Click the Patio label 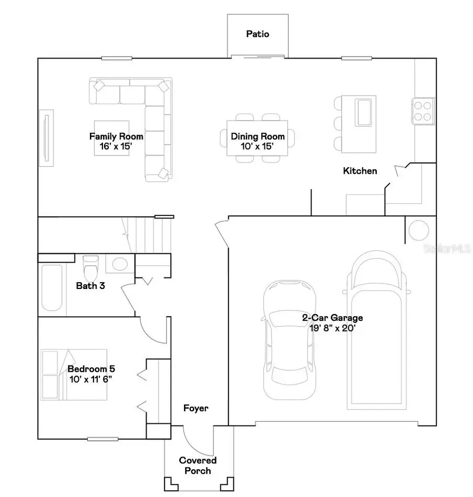coord(258,34)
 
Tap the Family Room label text coord(116,136)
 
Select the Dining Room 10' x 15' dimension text coord(258,147)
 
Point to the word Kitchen coord(360,171)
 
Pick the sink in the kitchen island coord(364,111)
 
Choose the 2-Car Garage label coord(332,318)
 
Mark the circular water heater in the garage coord(419,230)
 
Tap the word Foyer coord(196,408)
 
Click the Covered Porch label coord(198,465)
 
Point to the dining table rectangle coord(258,138)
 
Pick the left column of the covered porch coord(170,482)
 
